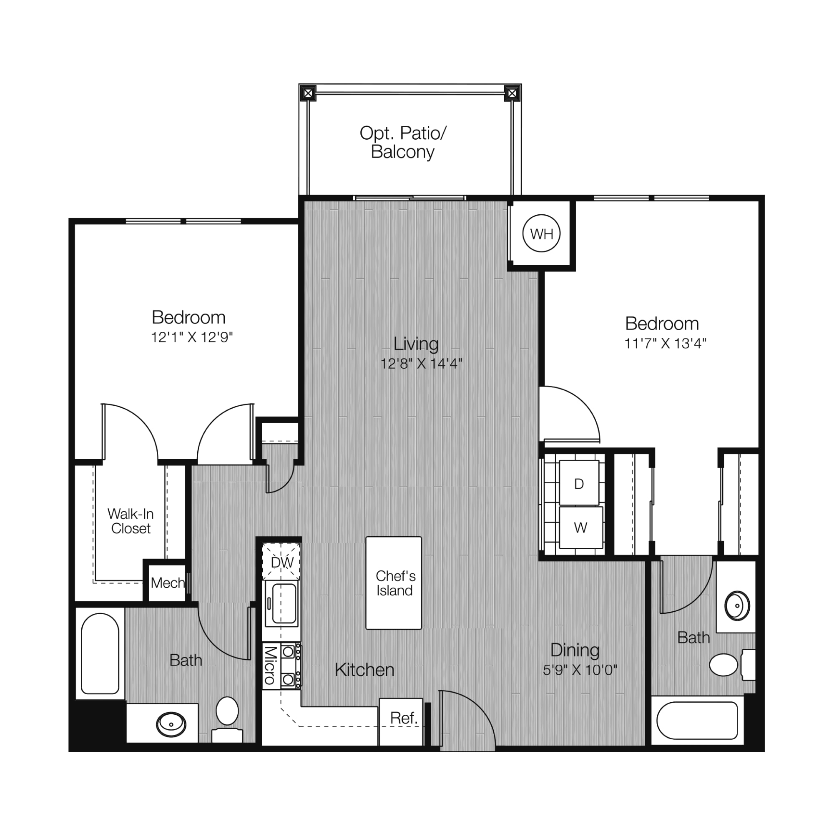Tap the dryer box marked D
click(579, 482)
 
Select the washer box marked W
click(580, 528)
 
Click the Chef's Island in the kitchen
click(394, 583)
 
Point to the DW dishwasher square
click(281, 562)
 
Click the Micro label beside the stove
click(270, 665)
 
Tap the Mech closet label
click(168, 583)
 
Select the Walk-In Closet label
click(131, 521)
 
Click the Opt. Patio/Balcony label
click(403, 142)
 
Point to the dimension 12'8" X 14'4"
click(421, 364)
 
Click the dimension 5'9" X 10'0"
click(580, 670)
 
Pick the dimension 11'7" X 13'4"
click(665, 343)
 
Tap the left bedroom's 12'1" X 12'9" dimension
click(192, 337)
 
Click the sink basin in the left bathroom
click(171, 724)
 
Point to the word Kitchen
click(364, 670)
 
